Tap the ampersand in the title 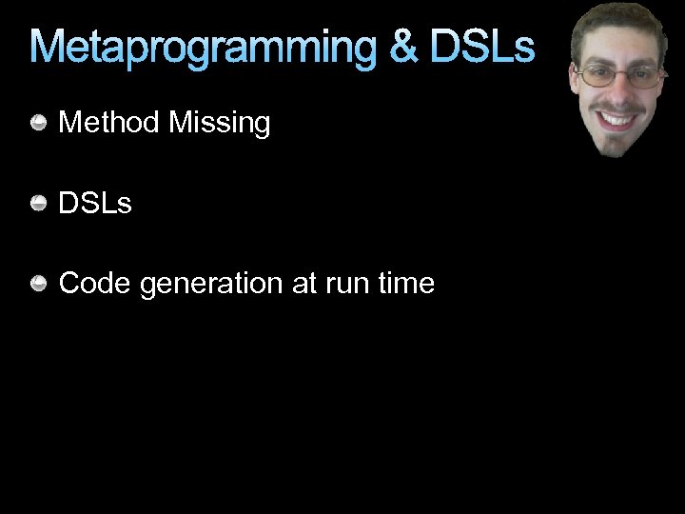coord(404,48)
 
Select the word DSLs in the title coord(482,48)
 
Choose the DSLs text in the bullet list coord(95,203)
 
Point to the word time coord(406,284)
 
